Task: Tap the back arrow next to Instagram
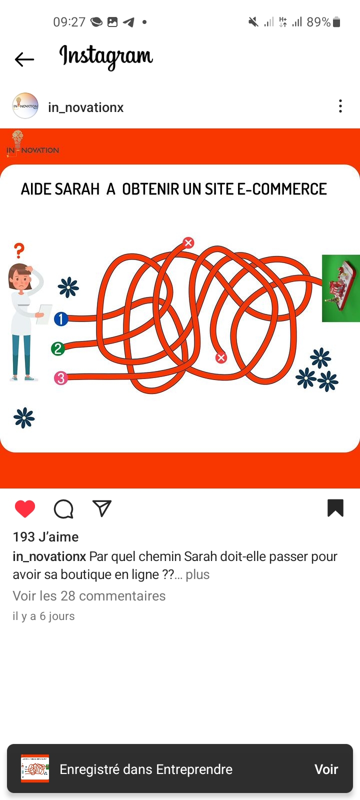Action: click(24, 59)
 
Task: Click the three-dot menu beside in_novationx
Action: click(340, 106)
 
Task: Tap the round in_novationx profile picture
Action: click(25, 105)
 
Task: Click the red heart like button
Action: click(25, 508)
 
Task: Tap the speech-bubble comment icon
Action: click(63, 508)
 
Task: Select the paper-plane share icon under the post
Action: click(102, 508)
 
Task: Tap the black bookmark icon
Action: click(335, 508)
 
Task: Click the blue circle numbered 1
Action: click(61, 319)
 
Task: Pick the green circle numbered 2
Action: click(58, 348)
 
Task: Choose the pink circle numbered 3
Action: click(60, 378)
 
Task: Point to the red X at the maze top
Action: click(188, 243)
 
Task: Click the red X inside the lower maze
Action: click(221, 357)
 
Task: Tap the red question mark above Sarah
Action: click(19, 250)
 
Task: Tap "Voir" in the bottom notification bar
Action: click(326, 769)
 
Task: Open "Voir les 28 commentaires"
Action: click(89, 595)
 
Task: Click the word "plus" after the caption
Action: click(197, 574)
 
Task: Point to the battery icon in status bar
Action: click(336, 22)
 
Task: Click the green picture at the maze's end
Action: click(340, 288)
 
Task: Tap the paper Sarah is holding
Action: click(44, 314)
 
